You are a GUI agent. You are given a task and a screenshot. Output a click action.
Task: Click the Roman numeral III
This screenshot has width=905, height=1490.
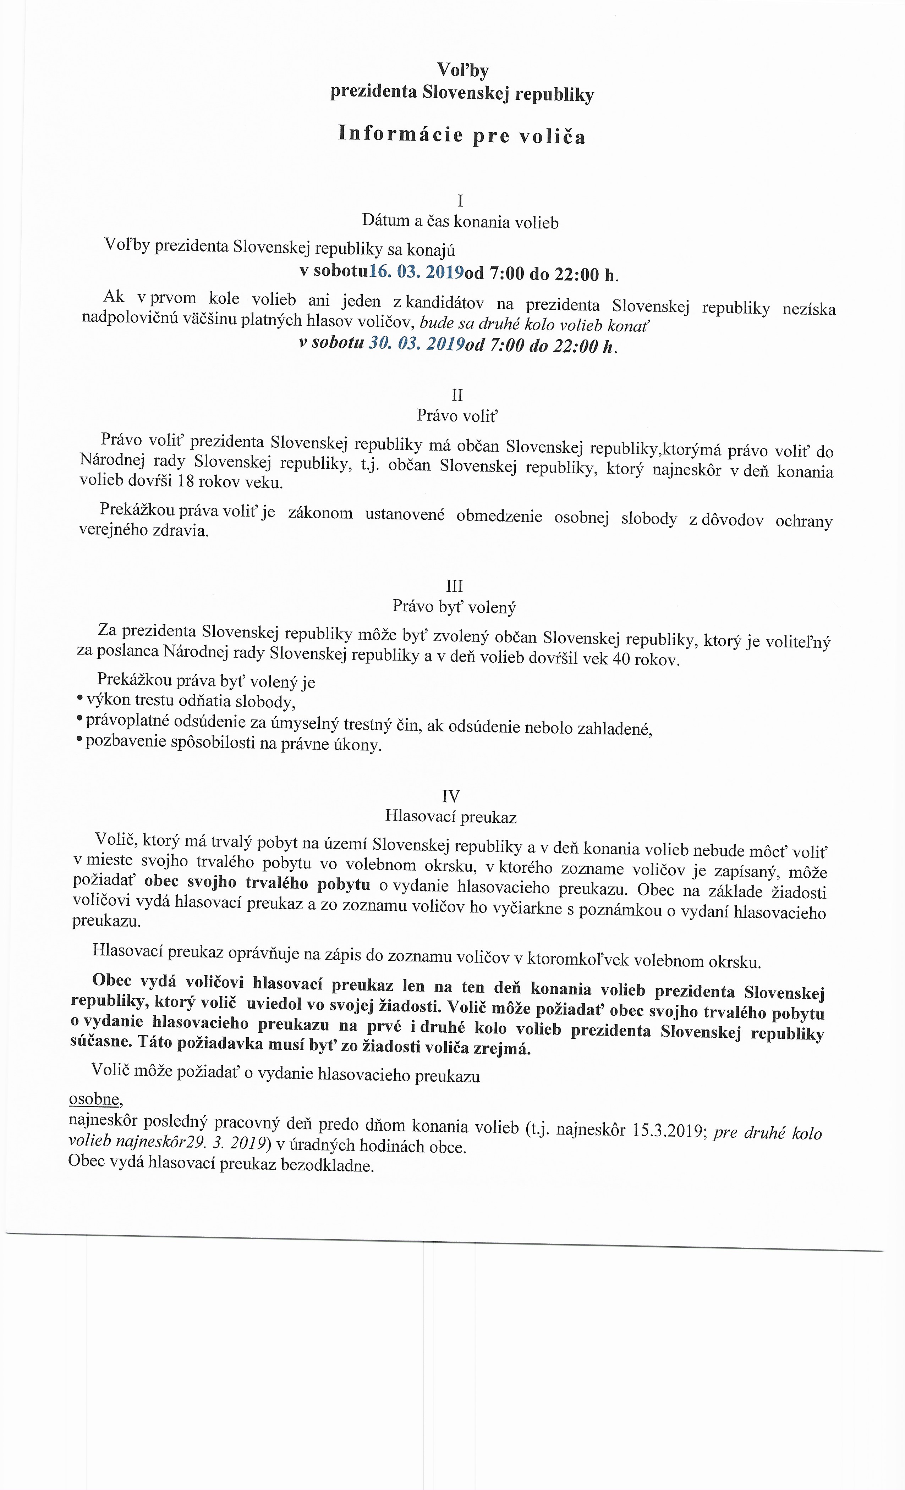(454, 586)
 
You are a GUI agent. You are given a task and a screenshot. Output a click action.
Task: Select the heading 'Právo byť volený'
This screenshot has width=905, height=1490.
(454, 607)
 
